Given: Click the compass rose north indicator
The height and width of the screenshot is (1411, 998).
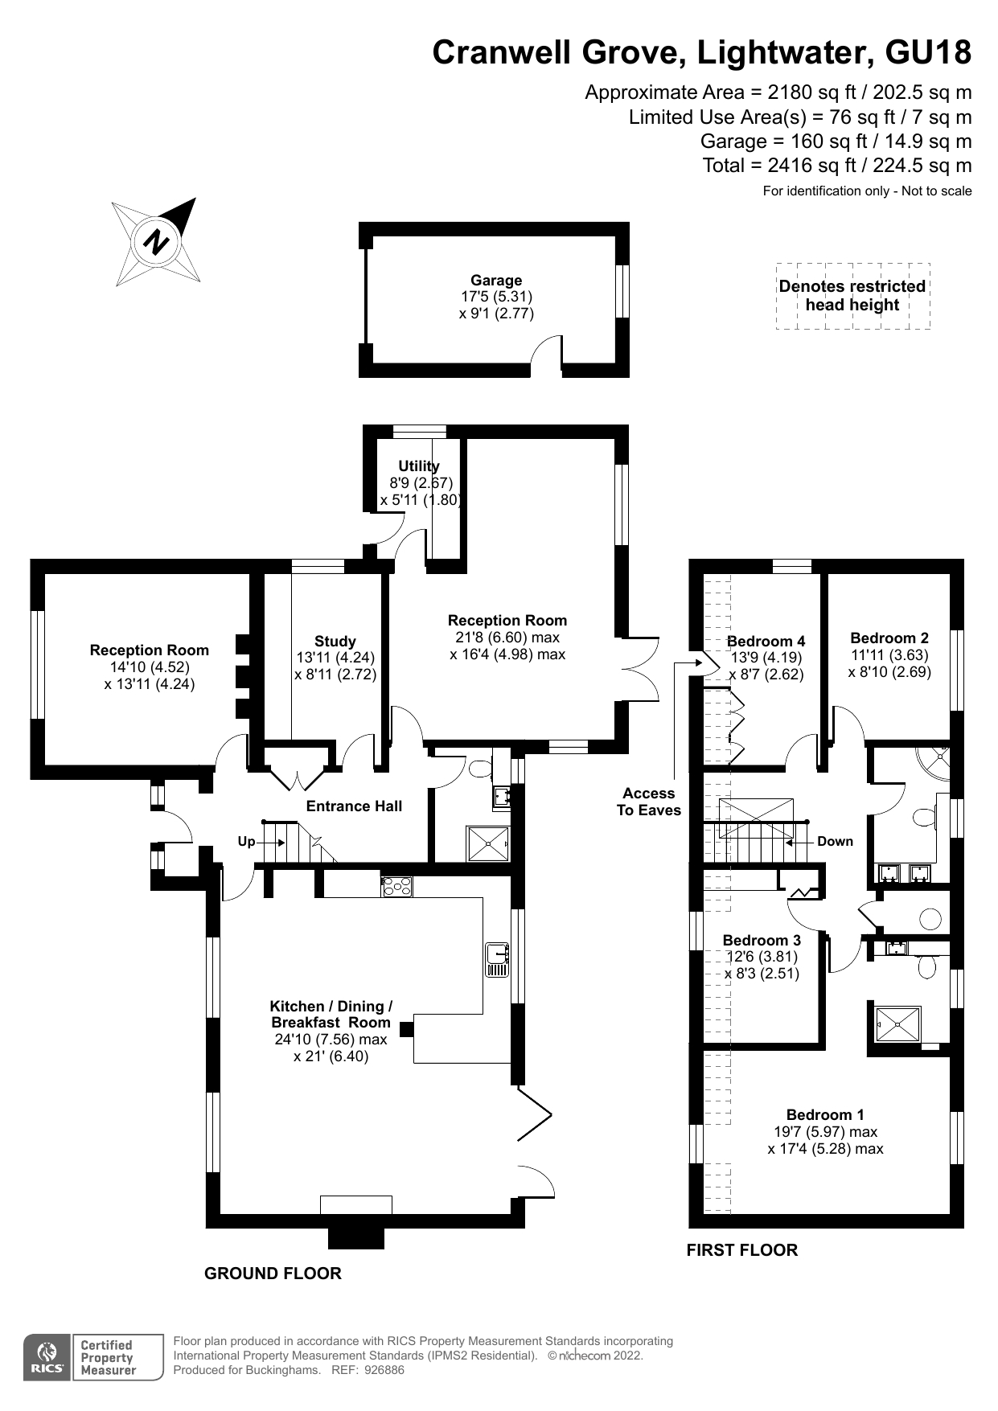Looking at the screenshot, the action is tap(156, 241).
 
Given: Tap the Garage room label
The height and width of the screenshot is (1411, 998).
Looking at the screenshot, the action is tap(496, 281).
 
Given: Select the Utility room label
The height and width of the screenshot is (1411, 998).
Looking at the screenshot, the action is tap(419, 466).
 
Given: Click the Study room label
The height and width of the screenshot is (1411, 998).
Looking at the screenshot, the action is tap(335, 642).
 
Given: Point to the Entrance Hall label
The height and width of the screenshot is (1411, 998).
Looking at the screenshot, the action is tap(354, 806).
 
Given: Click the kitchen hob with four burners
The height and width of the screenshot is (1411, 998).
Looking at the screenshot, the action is tap(397, 886).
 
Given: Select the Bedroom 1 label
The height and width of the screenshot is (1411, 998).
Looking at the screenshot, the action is tap(825, 1114).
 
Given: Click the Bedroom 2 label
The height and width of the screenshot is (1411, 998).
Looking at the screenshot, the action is tap(889, 638).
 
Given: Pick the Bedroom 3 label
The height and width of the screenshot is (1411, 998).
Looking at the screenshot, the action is tap(762, 940).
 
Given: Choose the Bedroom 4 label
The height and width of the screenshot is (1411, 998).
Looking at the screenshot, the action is tap(766, 641).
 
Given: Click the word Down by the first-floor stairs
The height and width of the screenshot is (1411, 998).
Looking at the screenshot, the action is tap(835, 842).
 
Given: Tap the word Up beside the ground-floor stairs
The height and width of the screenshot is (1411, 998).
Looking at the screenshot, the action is tap(246, 842).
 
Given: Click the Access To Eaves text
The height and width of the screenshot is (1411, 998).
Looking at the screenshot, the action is tap(649, 802).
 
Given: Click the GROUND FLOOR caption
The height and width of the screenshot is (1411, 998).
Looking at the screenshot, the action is tap(273, 1274).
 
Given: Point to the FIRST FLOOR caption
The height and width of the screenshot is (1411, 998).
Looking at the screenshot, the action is tap(741, 1250).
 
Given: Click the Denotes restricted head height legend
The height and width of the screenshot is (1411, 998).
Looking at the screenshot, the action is tap(852, 296).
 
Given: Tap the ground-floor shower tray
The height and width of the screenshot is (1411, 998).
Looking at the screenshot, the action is tap(487, 843).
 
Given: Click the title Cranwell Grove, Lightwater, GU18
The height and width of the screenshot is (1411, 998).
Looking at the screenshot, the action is tap(701, 53).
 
